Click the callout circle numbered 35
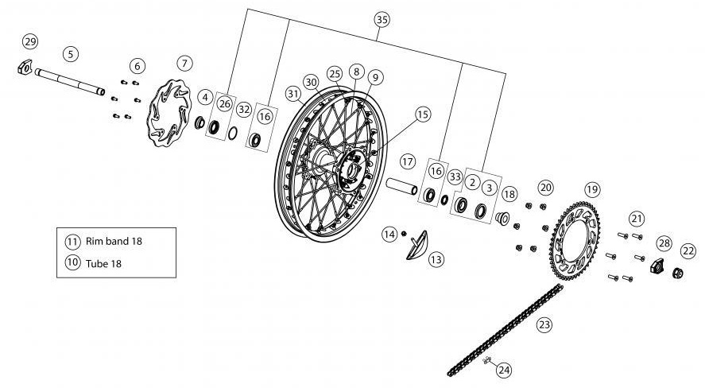click(382, 18)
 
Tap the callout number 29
click(30, 41)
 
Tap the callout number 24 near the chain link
click(505, 370)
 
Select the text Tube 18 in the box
click(104, 263)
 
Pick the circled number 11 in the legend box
click(72, 240)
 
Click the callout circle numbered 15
click(422, 114)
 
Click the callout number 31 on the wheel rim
click(295, 94)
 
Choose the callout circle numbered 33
click(455, 176)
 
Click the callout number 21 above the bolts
click(636, 218)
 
